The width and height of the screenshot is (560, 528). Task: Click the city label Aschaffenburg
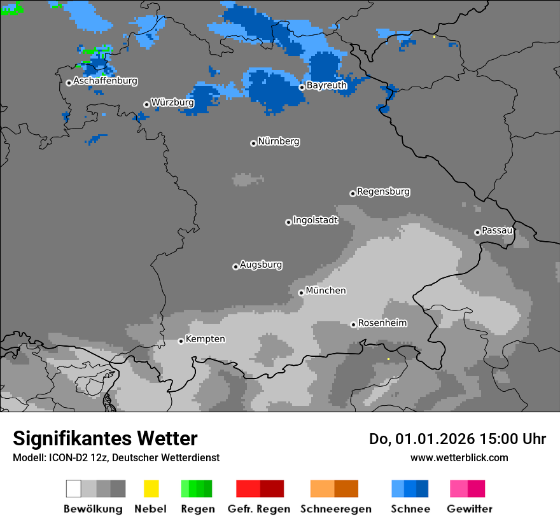pyautogui.click(x=105, y=81)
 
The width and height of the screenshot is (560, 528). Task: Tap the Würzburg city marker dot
pyautogui.click(x=146, y=104)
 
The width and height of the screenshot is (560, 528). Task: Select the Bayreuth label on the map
pyautogui.click(x=326, y=85)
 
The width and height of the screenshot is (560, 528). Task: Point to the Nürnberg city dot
pyautogui.click(x=253, y=143)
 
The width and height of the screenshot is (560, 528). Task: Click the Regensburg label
pyautogui.click(x=383, y=191)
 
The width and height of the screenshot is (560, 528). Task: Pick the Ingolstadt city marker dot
pyautogui.click(x=288, y=222)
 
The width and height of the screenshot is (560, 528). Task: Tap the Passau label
pyautogui.click(x=497, y=230)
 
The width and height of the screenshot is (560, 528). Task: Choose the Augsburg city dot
pyautogui.click(x=235, y=267)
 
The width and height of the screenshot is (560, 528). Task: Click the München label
pyautogui.click(x=326, y=291)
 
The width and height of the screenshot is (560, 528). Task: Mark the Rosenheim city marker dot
pyautogui.click(x=353, y=324)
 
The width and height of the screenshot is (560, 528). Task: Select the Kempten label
pyautogui.click(x=205, y=339)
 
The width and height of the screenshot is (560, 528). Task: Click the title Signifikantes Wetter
pyautogui.click(x=105, y=438)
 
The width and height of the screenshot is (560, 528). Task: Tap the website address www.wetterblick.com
pyautogui.click(x=459, y=457)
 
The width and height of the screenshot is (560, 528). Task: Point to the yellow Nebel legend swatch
pyautogui.click(x=151, y=489)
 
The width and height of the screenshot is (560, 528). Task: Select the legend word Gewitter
pyautogui.click(x=469, y=509)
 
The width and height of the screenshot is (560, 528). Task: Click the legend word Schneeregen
pyautogui.click(x=335, y=509)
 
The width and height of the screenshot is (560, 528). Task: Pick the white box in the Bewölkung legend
pyautogui.click(x=73, y=489)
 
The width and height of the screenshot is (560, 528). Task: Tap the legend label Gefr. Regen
pyautogui.click(x=258, y=509)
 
